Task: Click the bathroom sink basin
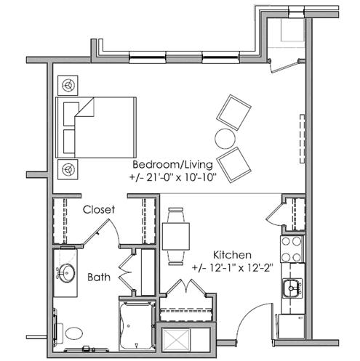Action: coord(67,273)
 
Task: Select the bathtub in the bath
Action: coord(137,326)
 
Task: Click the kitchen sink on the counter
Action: coord(292,288)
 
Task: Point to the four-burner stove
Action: coord(292,249)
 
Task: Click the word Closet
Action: coord(99,210)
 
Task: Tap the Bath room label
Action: coord(99,277)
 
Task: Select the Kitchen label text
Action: coord(232,255)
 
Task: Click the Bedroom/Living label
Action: coord(172,165)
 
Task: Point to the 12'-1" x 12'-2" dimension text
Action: coord(233,268)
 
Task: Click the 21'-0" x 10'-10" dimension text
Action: coord(172,178)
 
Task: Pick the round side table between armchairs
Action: coord(225,138)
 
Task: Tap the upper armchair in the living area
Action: coord(233,113)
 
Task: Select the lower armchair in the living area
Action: coord(233,165)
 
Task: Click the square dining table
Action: coord(176,236)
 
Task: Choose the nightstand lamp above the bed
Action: coord(68,85)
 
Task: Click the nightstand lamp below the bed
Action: coord(68,169)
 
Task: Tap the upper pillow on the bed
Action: coord(71,114)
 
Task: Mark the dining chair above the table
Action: coord(176,215)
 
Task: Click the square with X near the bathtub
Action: coord(176,340)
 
